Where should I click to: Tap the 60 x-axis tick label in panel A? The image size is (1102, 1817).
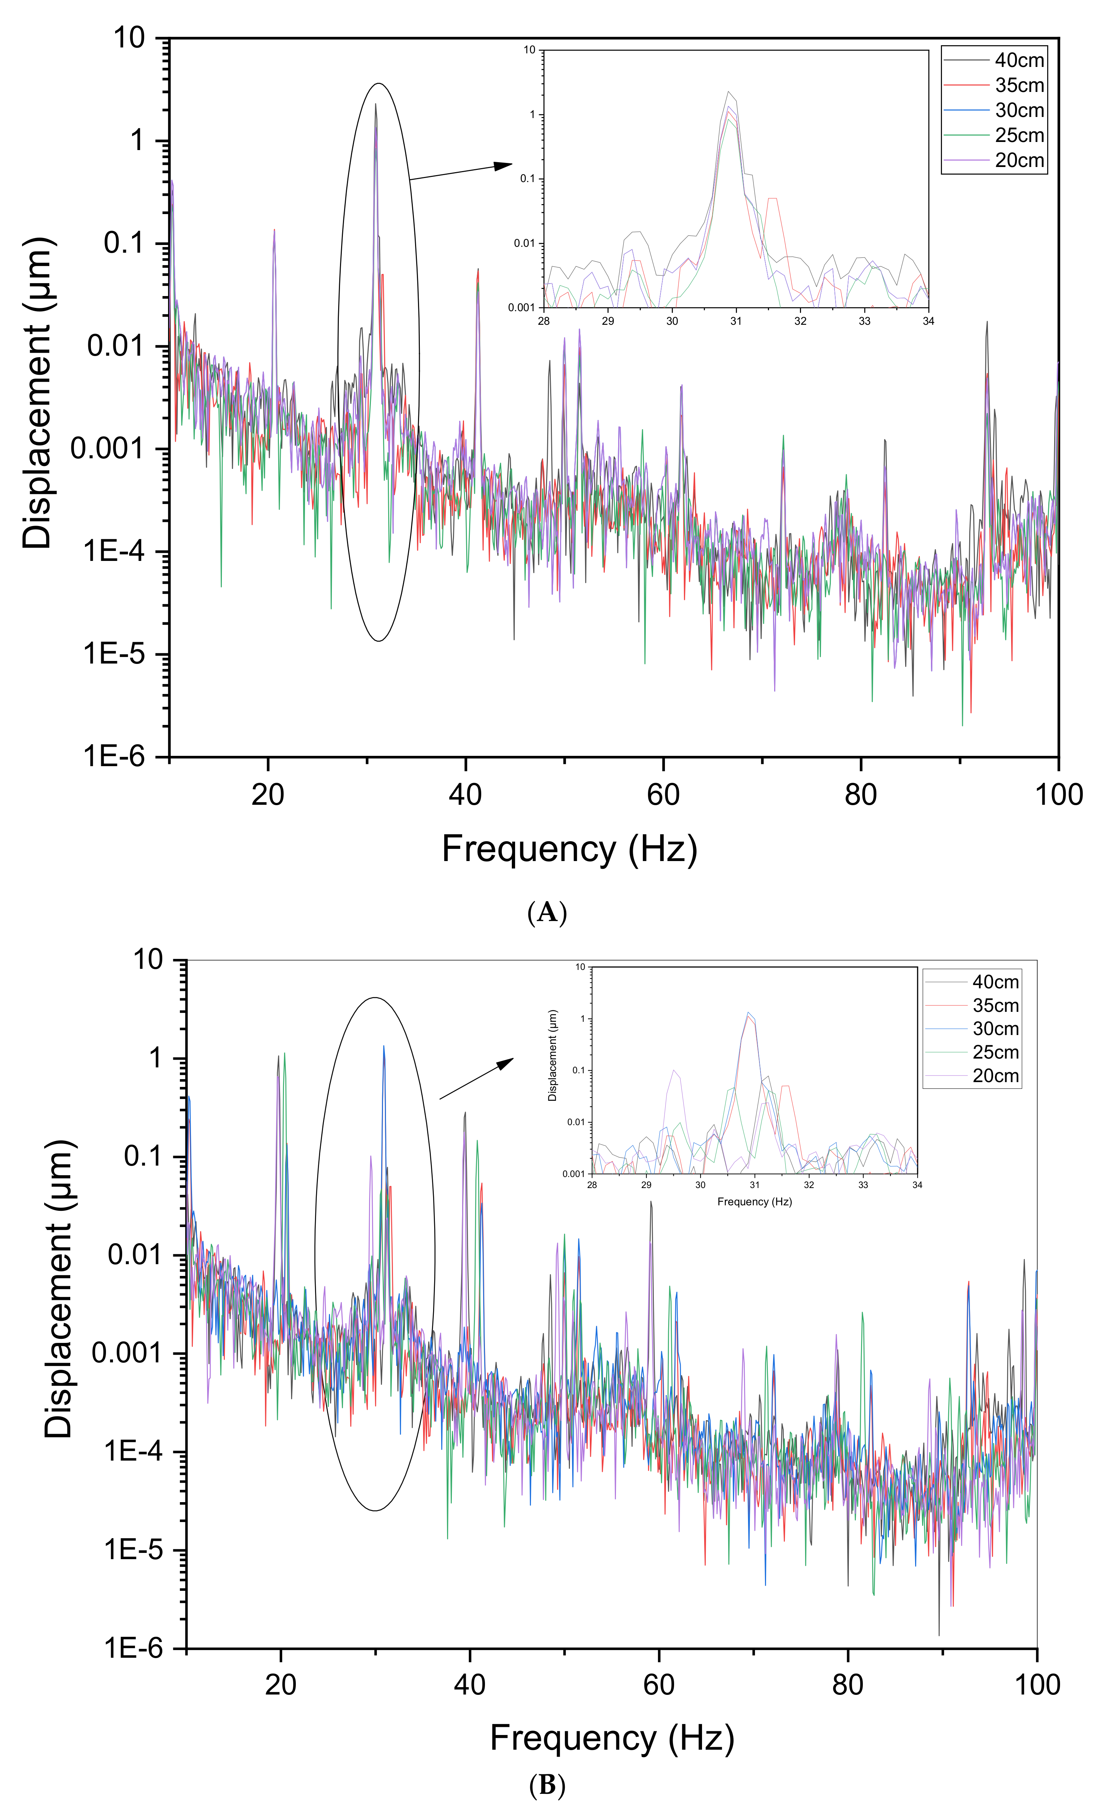coord(663,795)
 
